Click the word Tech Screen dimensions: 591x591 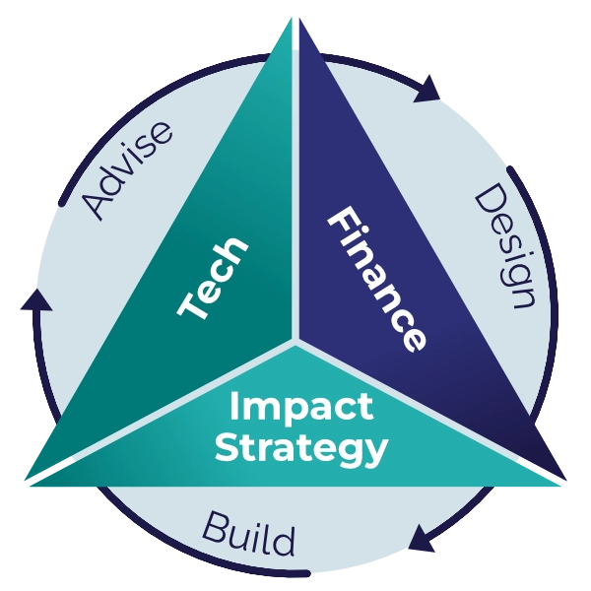pos(213,278)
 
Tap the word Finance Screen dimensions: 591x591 pos(377,280)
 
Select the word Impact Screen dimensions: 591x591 pos(301,408)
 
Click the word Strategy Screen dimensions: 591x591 pos(301,448)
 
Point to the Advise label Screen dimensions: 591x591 pos(127,170)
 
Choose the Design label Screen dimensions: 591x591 pos(505,246)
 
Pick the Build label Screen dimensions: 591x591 pos(249,534)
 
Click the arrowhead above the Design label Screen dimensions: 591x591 pos(427,90)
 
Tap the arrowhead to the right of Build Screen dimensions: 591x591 pos(423,538)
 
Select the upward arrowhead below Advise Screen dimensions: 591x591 pos(36,300)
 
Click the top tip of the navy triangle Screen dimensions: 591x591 pos(299,19)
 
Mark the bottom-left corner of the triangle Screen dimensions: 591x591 pos(25,481)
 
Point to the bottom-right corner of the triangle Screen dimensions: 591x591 pos(566,481)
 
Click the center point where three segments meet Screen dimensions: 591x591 pos(295,341)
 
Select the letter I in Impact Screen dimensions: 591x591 pos(234,405)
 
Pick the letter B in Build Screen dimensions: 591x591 pos(217,527)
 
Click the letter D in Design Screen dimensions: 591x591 pos(490,199)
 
